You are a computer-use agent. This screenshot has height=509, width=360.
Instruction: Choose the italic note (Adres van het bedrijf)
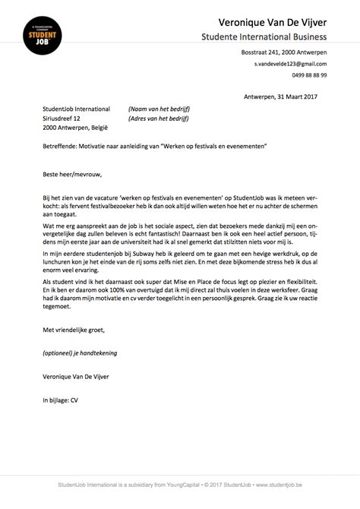156,119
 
